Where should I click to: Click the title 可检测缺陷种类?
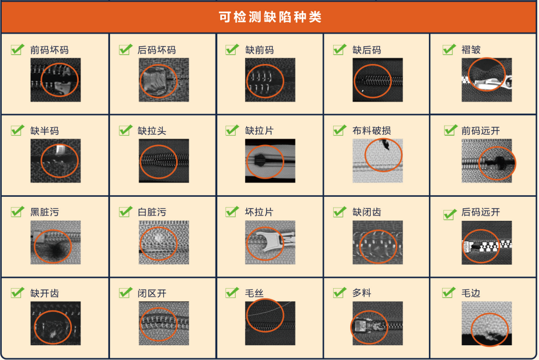[270, 17]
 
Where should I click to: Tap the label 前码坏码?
[50, 50]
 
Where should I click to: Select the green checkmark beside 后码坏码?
[125, 50]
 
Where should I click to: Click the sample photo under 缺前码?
[270, 80]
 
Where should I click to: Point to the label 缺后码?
[367, 50]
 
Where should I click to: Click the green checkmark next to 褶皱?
[449, 50]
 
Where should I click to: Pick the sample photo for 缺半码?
[56, 160]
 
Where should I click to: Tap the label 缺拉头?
[152, 131]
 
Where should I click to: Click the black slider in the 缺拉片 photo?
[261, 160]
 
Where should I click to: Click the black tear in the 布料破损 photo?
[385, 144]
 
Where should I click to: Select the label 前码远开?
[481, 131]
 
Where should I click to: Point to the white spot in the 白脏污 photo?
[158, 237]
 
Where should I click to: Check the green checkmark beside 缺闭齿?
[339, 212]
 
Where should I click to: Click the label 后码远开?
[481, 212]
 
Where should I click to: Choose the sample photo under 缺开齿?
[56, 323]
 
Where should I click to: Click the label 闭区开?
[152, 294]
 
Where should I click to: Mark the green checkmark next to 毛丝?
[232, 293]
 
